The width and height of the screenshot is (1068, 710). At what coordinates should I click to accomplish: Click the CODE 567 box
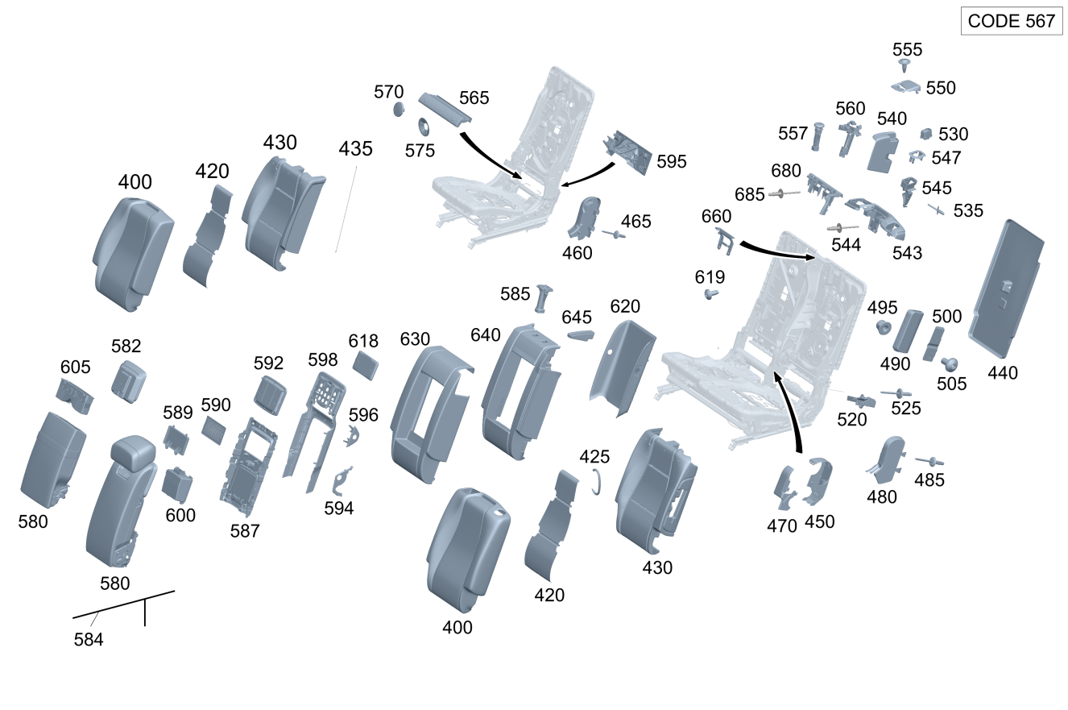click(x=1011, y=21)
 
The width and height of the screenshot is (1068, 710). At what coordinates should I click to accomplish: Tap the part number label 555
click(x=907, y=49)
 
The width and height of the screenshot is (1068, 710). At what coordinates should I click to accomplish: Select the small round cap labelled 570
click(x=398, y=110)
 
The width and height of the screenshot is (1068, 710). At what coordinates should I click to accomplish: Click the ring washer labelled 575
click(x=422, y=127)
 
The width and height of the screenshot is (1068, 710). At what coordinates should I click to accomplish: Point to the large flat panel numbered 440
click(x=1007, y=289)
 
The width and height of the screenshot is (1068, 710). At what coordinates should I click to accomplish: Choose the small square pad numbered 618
click(x=366, y=365)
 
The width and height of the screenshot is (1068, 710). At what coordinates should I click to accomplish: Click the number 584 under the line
click(x=89, y=641)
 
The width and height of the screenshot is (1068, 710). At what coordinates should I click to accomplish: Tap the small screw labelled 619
click(x=710, y=295)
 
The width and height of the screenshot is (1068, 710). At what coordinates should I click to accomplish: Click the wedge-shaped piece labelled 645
click(x=581, y=334)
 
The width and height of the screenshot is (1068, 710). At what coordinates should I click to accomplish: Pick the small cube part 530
click(x=926, y=134)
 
